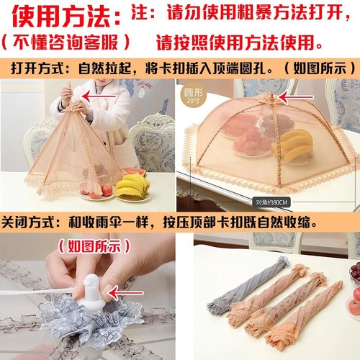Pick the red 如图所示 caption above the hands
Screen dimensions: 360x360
point(89,245)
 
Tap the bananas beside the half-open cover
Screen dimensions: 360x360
point(133,187)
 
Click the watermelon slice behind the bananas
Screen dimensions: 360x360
point(132,173)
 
